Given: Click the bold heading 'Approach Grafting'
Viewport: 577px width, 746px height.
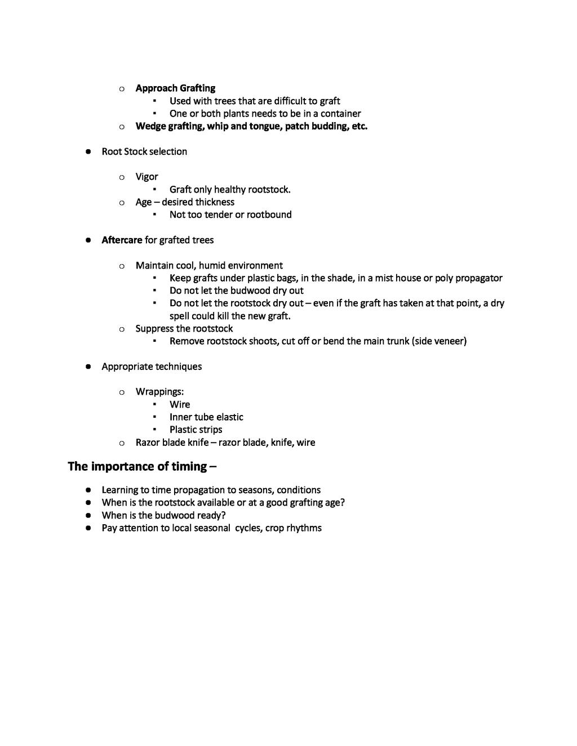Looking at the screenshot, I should click(x=175, y=88).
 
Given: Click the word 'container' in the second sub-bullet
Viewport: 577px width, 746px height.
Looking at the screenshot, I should click(x=340, y=113).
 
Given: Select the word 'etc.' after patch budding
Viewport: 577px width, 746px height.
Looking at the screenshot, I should click(x=359, y=126).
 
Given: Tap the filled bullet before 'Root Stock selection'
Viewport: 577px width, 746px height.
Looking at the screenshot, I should click(x=88, y=151).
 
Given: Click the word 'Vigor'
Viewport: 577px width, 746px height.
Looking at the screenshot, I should click(x=147, y=177).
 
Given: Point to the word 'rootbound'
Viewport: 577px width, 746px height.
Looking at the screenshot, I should click(x=269, y=215).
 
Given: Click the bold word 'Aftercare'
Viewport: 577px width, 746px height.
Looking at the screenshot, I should click(x=122, y=240).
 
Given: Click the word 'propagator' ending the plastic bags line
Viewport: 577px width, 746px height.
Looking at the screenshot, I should click(x=478, y=278).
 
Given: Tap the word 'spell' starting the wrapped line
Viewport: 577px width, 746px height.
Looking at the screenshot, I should click(x=180, y=316).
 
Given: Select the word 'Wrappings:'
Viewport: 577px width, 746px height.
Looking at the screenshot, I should click(x=159, y=392).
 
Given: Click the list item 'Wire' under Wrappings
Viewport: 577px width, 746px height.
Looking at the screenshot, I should click(x=180, y=404).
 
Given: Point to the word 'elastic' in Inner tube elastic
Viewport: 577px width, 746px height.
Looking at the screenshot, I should click(x=229, y=417).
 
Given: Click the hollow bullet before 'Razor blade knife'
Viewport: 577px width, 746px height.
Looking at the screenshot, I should click(x=122, y=443).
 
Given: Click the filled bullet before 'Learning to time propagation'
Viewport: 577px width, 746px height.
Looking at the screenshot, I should click(x=88, y=490).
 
